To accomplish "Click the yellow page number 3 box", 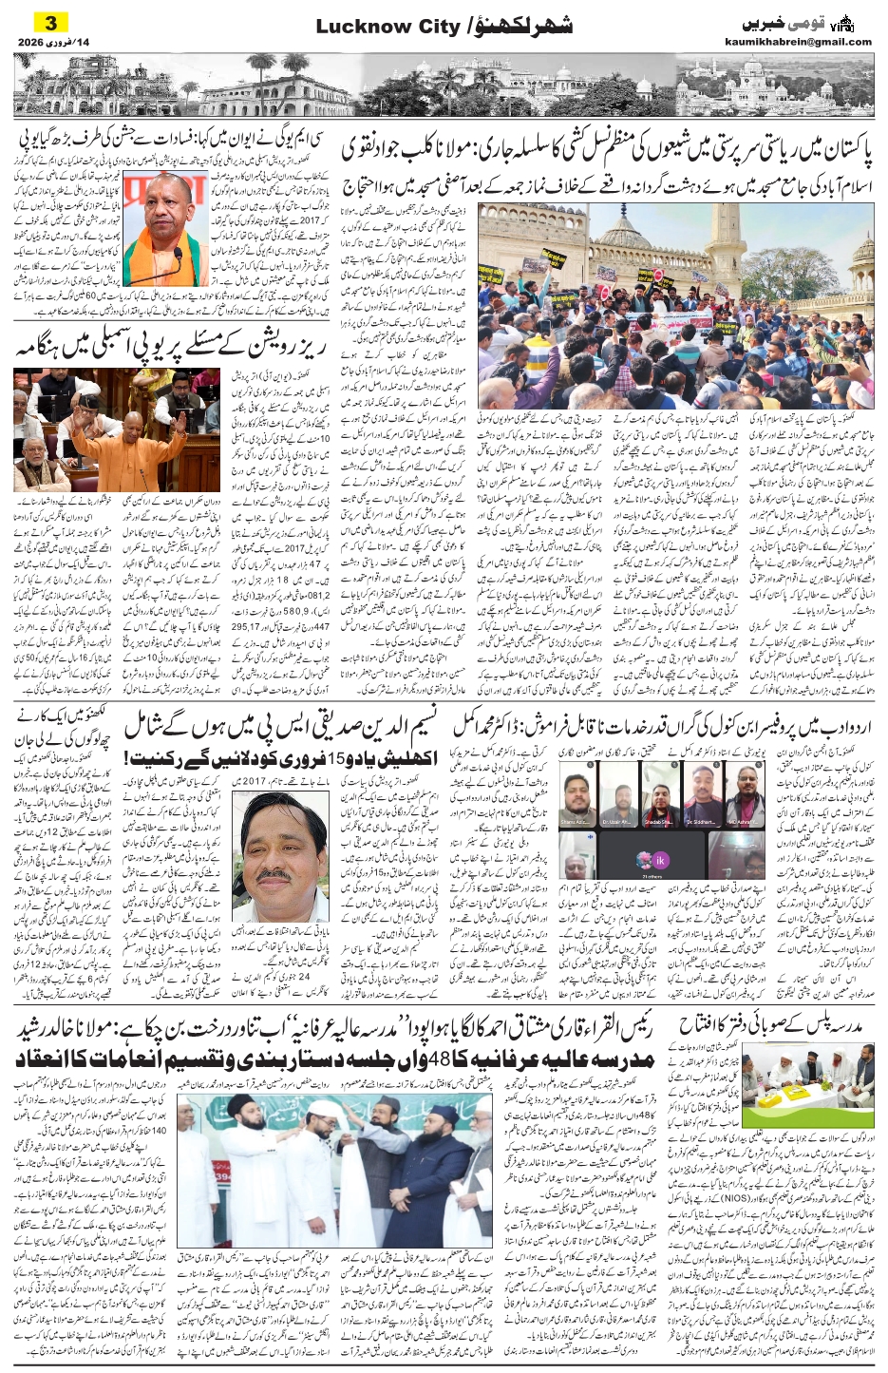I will (53, 22).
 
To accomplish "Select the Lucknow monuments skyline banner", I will (444, 85).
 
